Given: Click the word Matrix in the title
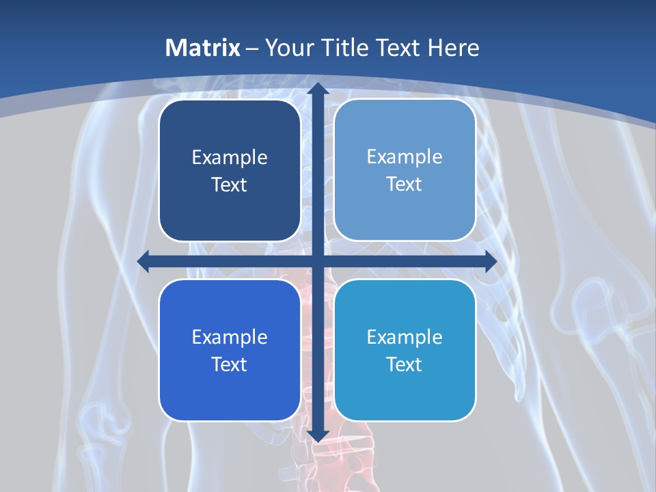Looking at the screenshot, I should pos(202,48).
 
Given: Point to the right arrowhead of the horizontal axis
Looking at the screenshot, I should pos(490,262).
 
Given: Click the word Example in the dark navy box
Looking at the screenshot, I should pos(230,158).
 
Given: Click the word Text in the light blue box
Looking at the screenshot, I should pos(405,184).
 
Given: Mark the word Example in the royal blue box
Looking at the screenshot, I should pos(230,337).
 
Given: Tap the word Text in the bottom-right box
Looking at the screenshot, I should pos(405,364).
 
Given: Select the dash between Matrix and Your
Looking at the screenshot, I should pos(252,49).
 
